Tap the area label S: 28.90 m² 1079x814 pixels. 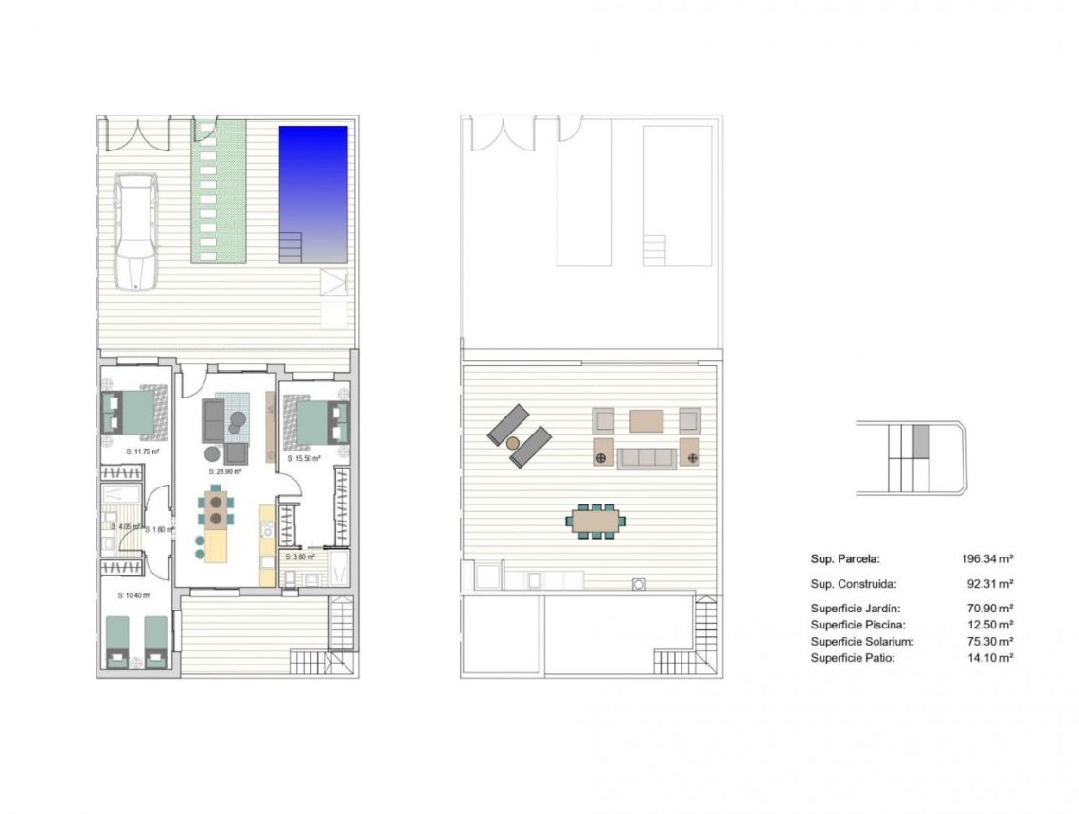[225, 470]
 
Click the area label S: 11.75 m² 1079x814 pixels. [142, 452]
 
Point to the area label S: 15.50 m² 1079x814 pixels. [305, 458]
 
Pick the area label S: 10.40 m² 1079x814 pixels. [134, 595]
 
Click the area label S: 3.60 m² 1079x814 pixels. [300, 557]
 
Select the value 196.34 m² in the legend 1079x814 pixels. [987, 559]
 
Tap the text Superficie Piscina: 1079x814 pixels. [858, 625]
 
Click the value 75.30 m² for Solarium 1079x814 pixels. [990, 641]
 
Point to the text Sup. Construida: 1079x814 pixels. [854, 585]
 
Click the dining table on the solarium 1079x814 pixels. [596, 520]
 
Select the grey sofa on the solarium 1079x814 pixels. [646, 458]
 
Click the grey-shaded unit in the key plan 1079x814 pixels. [922, 441]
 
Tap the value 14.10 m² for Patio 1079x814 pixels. [990, 657]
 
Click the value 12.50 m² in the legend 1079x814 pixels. [990, 625]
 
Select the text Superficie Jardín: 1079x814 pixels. [856, 609]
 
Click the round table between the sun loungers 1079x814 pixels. [514, 442]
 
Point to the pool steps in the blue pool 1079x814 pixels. [292, 247]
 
